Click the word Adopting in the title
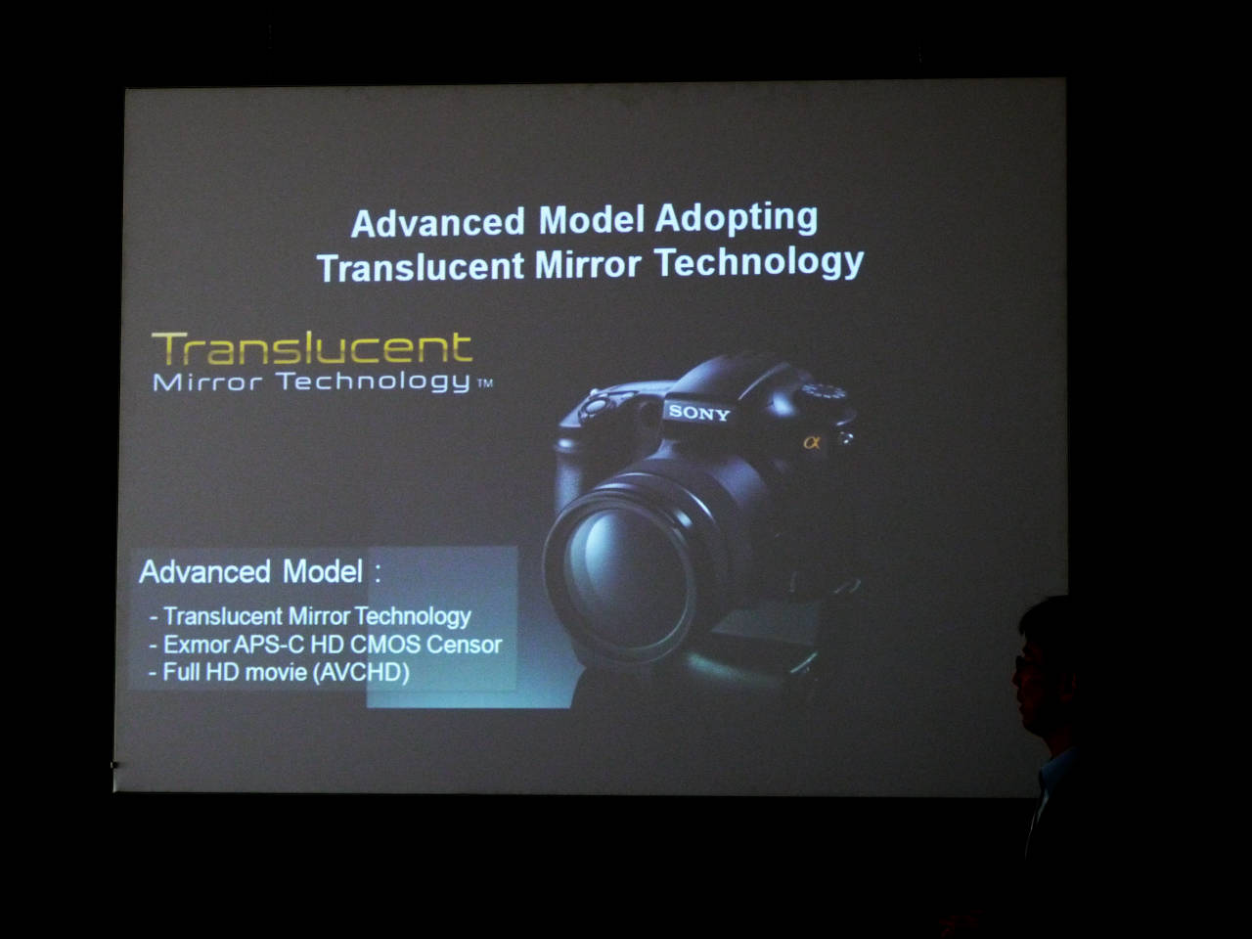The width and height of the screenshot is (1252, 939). [736, 218]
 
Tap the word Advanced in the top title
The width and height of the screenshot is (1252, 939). [437, 222]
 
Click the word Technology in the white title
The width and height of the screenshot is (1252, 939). [759, 262]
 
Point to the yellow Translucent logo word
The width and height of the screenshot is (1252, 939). [312, 348]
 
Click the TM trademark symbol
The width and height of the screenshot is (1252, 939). [485, 383]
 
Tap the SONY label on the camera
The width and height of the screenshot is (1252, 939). [698, 412]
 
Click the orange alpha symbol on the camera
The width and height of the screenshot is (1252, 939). [812, 442]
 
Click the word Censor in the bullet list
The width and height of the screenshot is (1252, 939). [464, 645]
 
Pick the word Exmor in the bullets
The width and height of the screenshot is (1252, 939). [197, 645]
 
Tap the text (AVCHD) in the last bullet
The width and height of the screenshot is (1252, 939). [361, 673]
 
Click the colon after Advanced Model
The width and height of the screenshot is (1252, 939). [378, 571]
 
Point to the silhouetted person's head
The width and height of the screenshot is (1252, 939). [1045, 664]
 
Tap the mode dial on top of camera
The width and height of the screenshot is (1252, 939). [825, 392]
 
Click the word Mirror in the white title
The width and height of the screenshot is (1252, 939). [588, 264]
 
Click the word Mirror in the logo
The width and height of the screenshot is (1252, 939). [207, 382]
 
